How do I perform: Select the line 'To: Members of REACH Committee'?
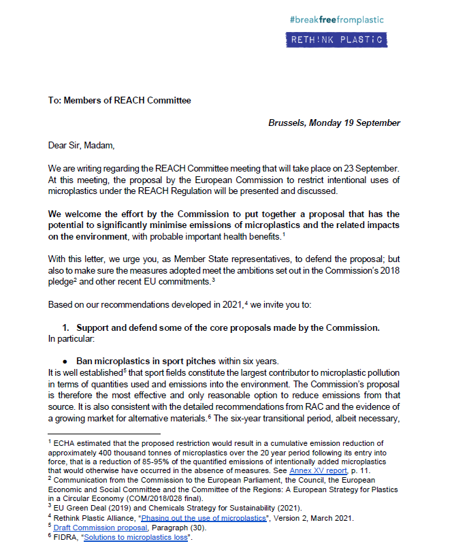point(120,101)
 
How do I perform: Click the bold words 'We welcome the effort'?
point(99,214)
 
